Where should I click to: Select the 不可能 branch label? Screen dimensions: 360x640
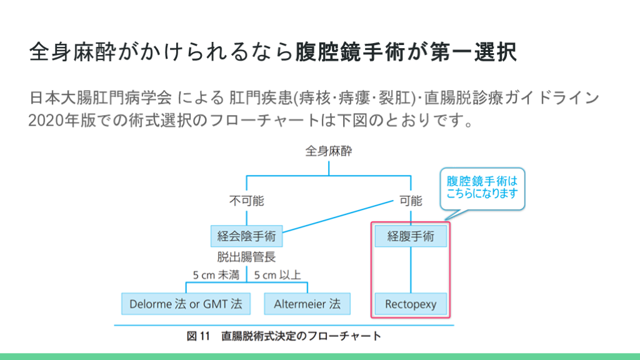click(x=246, y=201)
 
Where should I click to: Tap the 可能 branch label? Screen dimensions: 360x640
click(x=411, y=201)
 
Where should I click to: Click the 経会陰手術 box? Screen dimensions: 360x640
click(x=246, y=237)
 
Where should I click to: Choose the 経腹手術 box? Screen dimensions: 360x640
click(x=411, y=237)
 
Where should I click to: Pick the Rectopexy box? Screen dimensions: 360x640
click(x=411, y=304)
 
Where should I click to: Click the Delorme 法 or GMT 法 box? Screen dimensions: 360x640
click(x=186, y=304)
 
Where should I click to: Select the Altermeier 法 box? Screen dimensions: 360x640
click(x=307, y=304)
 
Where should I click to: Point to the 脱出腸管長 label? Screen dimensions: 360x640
click(x=246, y=256)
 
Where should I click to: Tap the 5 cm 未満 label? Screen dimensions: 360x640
click(x=216, y=274)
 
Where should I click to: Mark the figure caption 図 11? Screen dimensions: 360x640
click(x=199, y=336)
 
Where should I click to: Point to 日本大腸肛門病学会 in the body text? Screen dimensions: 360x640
click(x=99, y=98)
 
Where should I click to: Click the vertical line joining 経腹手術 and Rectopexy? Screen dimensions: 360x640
click(x=411, y=270)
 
